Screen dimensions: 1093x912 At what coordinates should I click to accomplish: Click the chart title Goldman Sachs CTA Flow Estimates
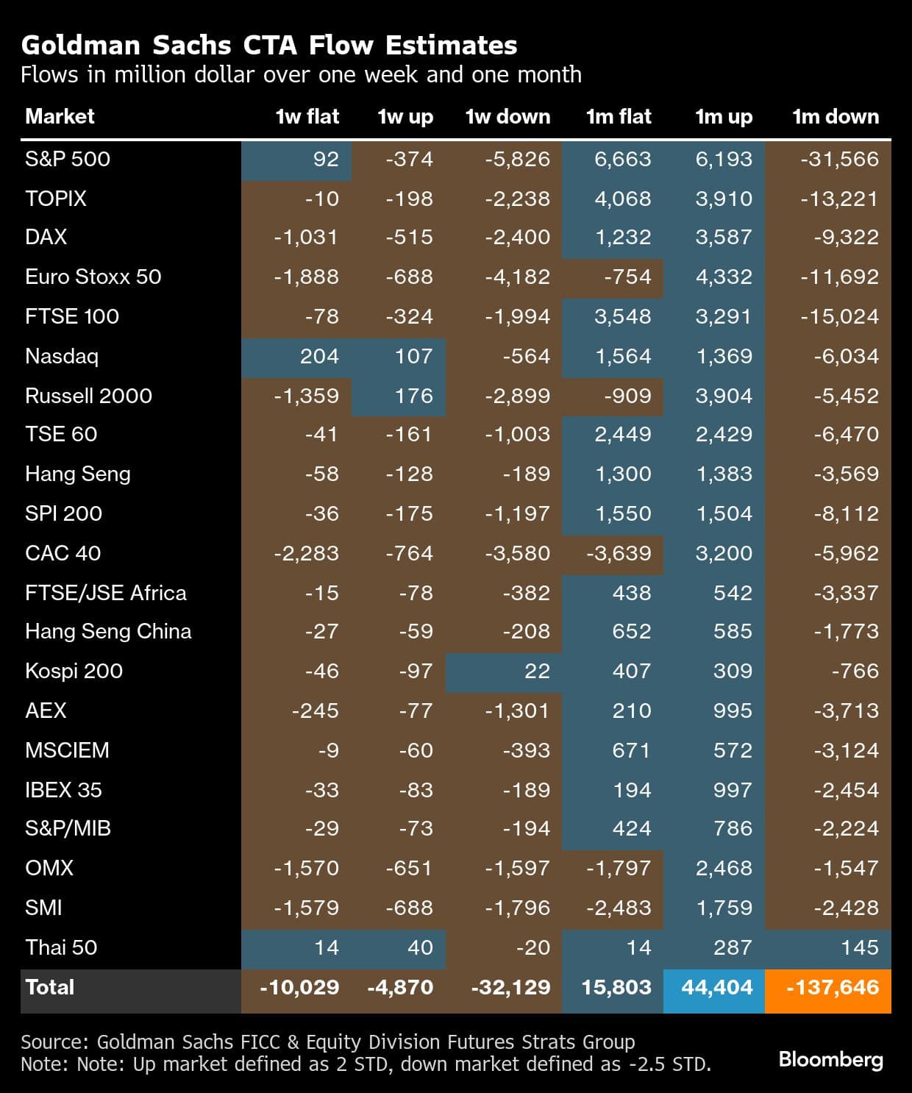pyautogui.click(x=269, y=46)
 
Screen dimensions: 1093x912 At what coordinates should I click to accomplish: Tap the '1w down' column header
pyautogui.click(x=507, y=116)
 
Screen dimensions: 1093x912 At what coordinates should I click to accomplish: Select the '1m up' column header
pyautogui.click(x=724, y=116)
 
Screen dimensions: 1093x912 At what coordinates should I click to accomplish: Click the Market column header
pyautogui.click(x=60, y=116)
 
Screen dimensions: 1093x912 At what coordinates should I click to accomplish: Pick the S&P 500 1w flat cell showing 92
pyautogui.click(x=325, y=159)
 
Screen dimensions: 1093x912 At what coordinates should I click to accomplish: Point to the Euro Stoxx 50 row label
pyautogui.click(x=93, y=277)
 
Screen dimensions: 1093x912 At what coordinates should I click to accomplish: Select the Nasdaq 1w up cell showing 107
pyautogui.click(x=413, y=356)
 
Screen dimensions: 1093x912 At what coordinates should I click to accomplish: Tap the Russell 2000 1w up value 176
pyautogui.click(x=413, y=396)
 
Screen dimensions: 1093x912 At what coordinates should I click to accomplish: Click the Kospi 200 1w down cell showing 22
pyautogui.click(x=537, y=671)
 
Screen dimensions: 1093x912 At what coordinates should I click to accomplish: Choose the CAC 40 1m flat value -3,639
pyautogui.click(x=619, y=553)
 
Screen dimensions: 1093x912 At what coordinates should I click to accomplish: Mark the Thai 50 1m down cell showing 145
pyautogui.click(x=859, y=947)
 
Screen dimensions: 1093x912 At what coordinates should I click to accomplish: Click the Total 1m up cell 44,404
pyautogui.click(x=717, y=987)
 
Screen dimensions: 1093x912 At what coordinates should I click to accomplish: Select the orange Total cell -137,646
pyautogui.click(x=833, y=987)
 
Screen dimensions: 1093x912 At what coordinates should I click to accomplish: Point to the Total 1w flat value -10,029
pyautogui.click(x=299, y=987)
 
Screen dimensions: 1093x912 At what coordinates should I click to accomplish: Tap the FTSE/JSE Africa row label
pyautogui.click(x=105, y=593)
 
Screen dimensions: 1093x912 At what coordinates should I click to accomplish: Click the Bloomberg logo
pyautogui.click(x=830, y=1059)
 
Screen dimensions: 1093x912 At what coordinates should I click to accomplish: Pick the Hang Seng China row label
pyautogui.click(x=108, y=631)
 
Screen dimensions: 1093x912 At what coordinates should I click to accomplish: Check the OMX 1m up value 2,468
pyautogui.click(x=724, y=868)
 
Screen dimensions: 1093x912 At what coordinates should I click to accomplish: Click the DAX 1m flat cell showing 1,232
pyautogui.click(x=622, y=237)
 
